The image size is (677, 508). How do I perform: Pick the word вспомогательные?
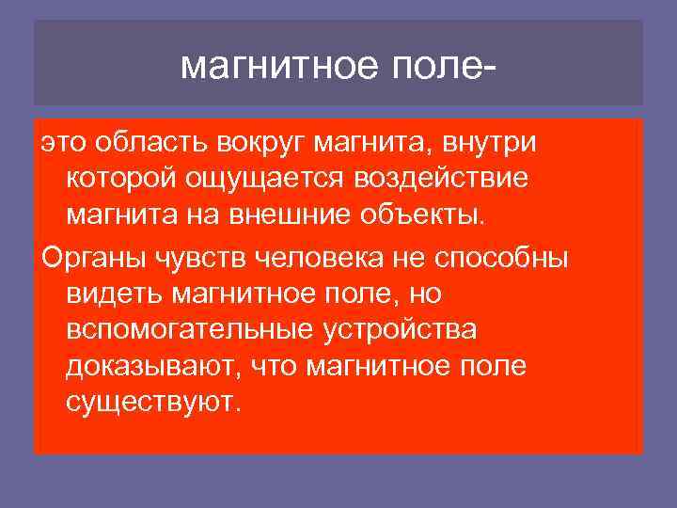[188, 330]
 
